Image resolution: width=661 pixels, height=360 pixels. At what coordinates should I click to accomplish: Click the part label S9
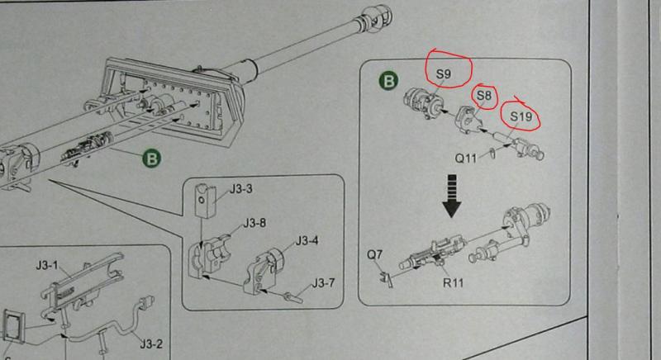443,75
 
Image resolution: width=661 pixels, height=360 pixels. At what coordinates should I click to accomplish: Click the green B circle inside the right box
389,82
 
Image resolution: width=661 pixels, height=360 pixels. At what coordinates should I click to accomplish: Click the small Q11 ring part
492,151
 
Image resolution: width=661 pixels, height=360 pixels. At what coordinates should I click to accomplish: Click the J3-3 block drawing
202,197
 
